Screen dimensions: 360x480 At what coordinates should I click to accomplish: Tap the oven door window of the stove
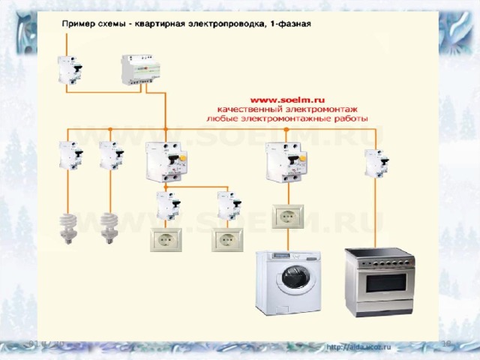click(379, 284)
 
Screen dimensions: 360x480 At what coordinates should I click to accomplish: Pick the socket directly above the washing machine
click(288, 215)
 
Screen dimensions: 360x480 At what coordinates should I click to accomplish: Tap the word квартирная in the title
click(168, 23)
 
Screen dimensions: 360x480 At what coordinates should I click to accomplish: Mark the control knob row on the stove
click(379, 263)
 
